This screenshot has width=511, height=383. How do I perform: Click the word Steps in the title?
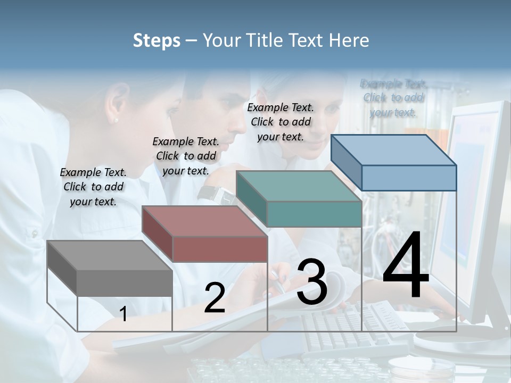pos(156,40)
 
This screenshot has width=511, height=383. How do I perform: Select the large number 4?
pos(406,265)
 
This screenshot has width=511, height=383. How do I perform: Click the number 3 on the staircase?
pos(312,281)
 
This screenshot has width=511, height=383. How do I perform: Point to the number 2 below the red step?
pos(215,297)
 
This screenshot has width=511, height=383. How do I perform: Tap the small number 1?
pos(123,314)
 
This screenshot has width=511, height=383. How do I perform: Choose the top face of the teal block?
pos(298,186)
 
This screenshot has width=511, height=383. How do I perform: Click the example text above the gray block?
pos(93,187)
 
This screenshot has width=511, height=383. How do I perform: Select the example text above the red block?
pos(186,156)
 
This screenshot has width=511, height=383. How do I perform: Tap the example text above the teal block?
pos(281,122)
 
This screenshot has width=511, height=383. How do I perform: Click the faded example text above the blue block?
pos(393,97)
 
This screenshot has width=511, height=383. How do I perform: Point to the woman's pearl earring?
pos(116,120)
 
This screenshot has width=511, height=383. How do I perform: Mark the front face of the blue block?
pos(409,178)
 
